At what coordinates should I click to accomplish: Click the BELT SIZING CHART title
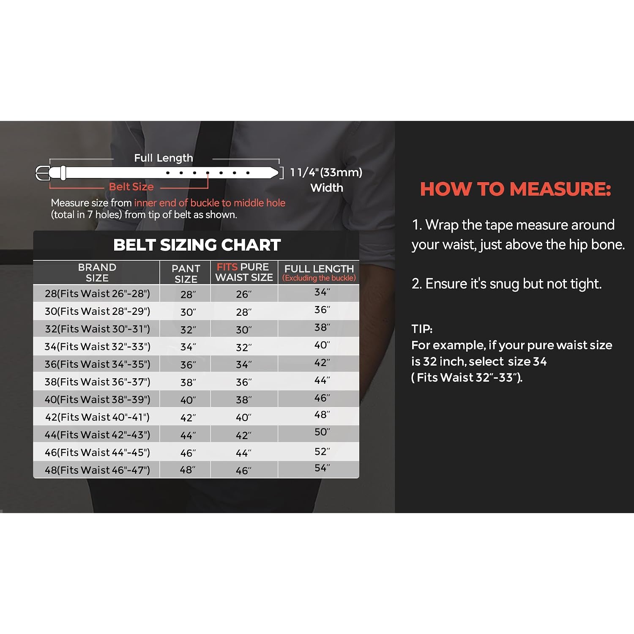pos(197,245)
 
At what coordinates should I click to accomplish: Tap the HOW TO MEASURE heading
pos(516,189)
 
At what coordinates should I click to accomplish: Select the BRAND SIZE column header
pos(97,273)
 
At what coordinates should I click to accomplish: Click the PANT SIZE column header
pos(186,274)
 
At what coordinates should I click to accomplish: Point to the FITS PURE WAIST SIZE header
pos(244,272)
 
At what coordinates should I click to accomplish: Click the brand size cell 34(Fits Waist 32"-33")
pos(98,347)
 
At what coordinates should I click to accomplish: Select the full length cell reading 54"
pos(322,468)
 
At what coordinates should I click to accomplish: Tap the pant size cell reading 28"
pos(188,294)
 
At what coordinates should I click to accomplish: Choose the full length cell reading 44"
pos(322,380)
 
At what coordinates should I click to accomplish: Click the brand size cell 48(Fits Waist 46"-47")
pos(98,470)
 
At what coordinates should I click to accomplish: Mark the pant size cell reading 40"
pos(188,400)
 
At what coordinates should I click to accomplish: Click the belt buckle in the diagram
pos(43,173)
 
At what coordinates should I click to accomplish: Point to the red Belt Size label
pos(131,187)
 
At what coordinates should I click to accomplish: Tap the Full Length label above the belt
pos(164,158)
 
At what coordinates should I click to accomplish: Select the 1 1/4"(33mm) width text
pos(326,172)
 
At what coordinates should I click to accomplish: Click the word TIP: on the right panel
pos(422,329)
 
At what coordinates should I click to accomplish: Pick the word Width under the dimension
pos(327,188)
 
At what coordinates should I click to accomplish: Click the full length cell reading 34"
pos(322,292)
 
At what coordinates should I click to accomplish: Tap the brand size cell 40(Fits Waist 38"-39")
pos(98,399)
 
